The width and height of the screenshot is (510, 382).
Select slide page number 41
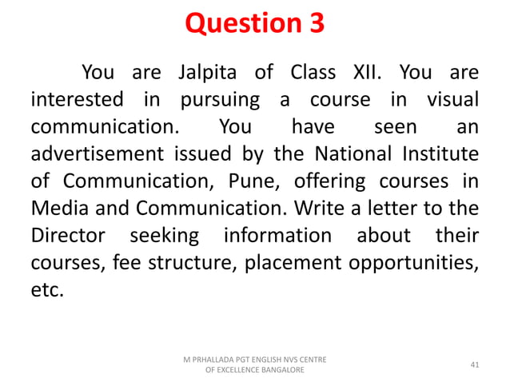[475, 365]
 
